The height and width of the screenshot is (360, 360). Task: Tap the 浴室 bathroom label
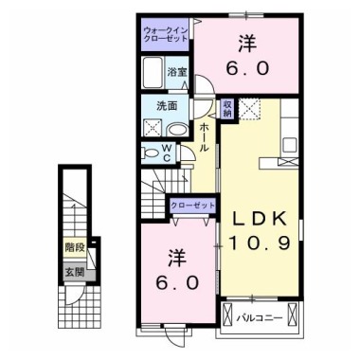(176, 71)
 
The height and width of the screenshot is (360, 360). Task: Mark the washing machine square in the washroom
(152, 127)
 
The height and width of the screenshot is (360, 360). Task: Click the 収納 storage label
(228, 108)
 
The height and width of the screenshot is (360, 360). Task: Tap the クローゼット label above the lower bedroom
(191, 205)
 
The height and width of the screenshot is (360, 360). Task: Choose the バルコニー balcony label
(258, 317)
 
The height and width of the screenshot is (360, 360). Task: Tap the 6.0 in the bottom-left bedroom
(178, 283)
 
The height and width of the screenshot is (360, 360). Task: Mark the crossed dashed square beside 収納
(252, 108)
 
